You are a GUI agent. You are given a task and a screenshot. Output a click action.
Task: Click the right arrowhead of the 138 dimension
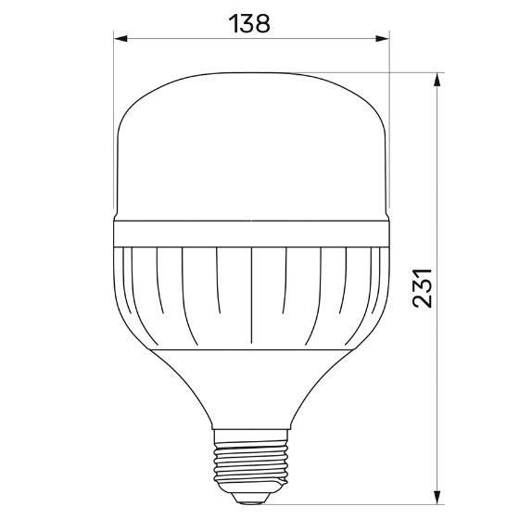pyautogui.click(x=382, y=38)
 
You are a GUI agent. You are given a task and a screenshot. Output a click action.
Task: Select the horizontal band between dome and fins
pyautogui.click(x=250, y=234)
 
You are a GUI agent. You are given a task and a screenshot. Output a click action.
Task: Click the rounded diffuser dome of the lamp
pyautogui.click(x=250, y=148)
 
